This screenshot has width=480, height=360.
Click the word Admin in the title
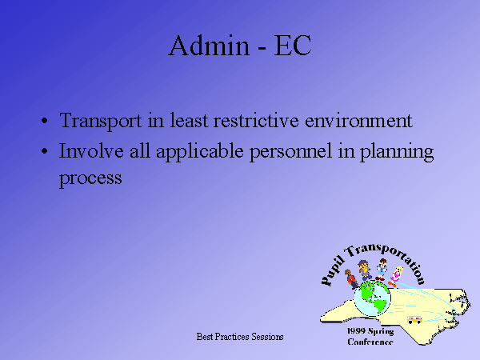point(209,46)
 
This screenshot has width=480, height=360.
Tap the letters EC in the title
point(293,46)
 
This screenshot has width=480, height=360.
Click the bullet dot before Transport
point(44,121)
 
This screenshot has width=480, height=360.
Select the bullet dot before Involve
point(44,151)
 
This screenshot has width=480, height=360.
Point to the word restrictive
point(256,120)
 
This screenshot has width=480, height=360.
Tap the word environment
point(358,120)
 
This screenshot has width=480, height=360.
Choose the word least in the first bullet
point(189,120)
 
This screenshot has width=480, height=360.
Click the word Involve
point(91,150)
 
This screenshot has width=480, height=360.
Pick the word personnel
point(291,152)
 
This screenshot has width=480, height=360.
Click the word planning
point(397,152)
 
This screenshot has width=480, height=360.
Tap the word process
point(90,178)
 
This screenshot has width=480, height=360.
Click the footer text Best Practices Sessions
point(240,337)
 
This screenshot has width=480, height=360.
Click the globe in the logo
point(372,298)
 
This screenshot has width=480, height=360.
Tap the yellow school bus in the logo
point(414,319)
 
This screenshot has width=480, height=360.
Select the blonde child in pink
point(396,277)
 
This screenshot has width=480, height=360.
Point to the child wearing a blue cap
point(365,270)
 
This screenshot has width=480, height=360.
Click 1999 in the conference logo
point(356,331)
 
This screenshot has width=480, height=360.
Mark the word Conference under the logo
point(370,342)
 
